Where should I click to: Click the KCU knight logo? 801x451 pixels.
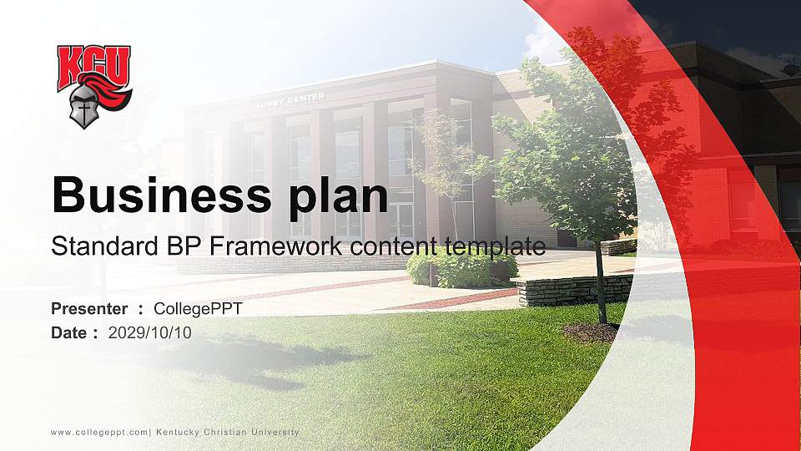pyautogui.click(x=93, y=85)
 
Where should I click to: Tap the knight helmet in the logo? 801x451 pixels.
pyautogui.click(x=84, y=108)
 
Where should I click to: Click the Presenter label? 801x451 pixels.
pyautogui.click(x=89, y=309)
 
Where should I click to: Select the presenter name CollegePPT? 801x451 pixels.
pyautogui.click(x=199, y=309)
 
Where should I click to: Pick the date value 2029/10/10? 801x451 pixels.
pyautogui.click(x=150, y=332)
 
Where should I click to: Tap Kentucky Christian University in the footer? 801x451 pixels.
pyautogui.click(x=227, y=432)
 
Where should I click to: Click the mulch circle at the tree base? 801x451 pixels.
pyautogui.click(x=592, y=332)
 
